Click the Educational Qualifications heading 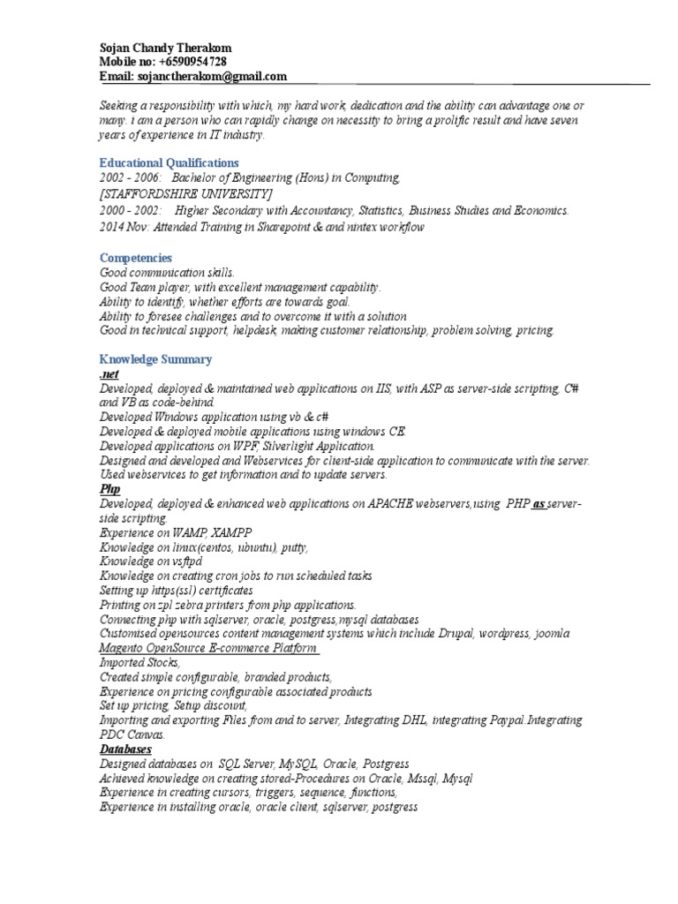click(169, 162)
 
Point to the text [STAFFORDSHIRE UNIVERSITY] click(186, 193)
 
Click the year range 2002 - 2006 click(130, 178)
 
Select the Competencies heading click(135, 258)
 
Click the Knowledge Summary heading click(155, 359)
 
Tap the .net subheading click(109, 374)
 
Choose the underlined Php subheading click(109, 488)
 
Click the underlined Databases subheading click(125, 749)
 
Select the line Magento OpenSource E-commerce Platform click(208, 648)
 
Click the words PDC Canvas click(132, 734)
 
